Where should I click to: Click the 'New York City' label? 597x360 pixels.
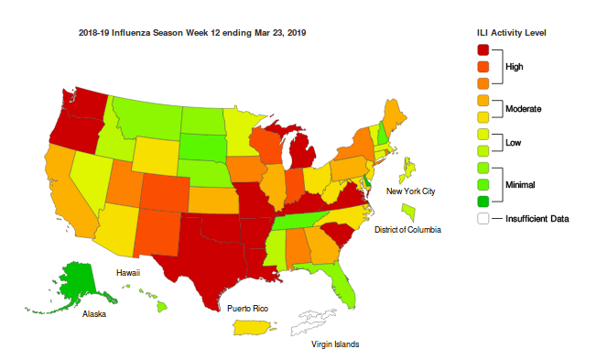(410, 191)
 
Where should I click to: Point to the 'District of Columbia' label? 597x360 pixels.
(407, 230)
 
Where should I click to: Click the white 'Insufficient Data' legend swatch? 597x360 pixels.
(483, 218)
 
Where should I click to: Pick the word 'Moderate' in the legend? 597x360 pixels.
(523, 109)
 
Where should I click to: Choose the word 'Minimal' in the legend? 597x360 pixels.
(521, 184)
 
